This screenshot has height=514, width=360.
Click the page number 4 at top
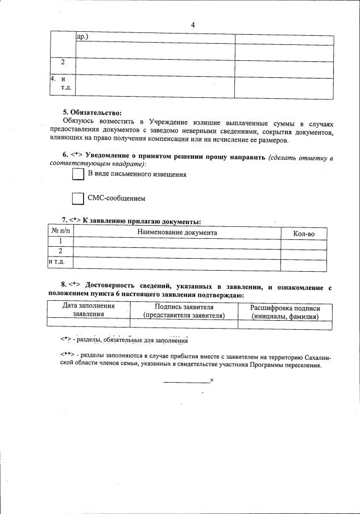pyautogui.click(x=193, y=25)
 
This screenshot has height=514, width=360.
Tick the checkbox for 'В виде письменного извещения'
pyautogui.click(x=78, y=175)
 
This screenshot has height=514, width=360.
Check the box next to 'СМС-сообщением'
pyautogui.click(x=78, y=198)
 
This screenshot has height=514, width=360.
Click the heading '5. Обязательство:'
pyautogui.click(x=92, y=113)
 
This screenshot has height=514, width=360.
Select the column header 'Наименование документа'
pyautogui.click(x=177, y=233)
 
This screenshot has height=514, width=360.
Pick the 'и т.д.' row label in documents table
pyautogui.click(x=57, y=262)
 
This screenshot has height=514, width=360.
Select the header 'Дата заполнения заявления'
pyautogui.click(x=88, y=310)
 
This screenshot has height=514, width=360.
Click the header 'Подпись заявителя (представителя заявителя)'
pyautogui.click(x=184, y=310)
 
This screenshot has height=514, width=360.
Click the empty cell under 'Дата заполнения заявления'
pyautogui.click(x=88, y=323)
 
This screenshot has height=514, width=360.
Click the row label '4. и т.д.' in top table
pyautogui.click(x=60, y=83)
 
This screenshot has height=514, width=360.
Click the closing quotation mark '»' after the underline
pyautogui.click(x=212, y=379)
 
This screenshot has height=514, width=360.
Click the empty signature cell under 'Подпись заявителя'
pyautogui.click(x=184, y=323)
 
